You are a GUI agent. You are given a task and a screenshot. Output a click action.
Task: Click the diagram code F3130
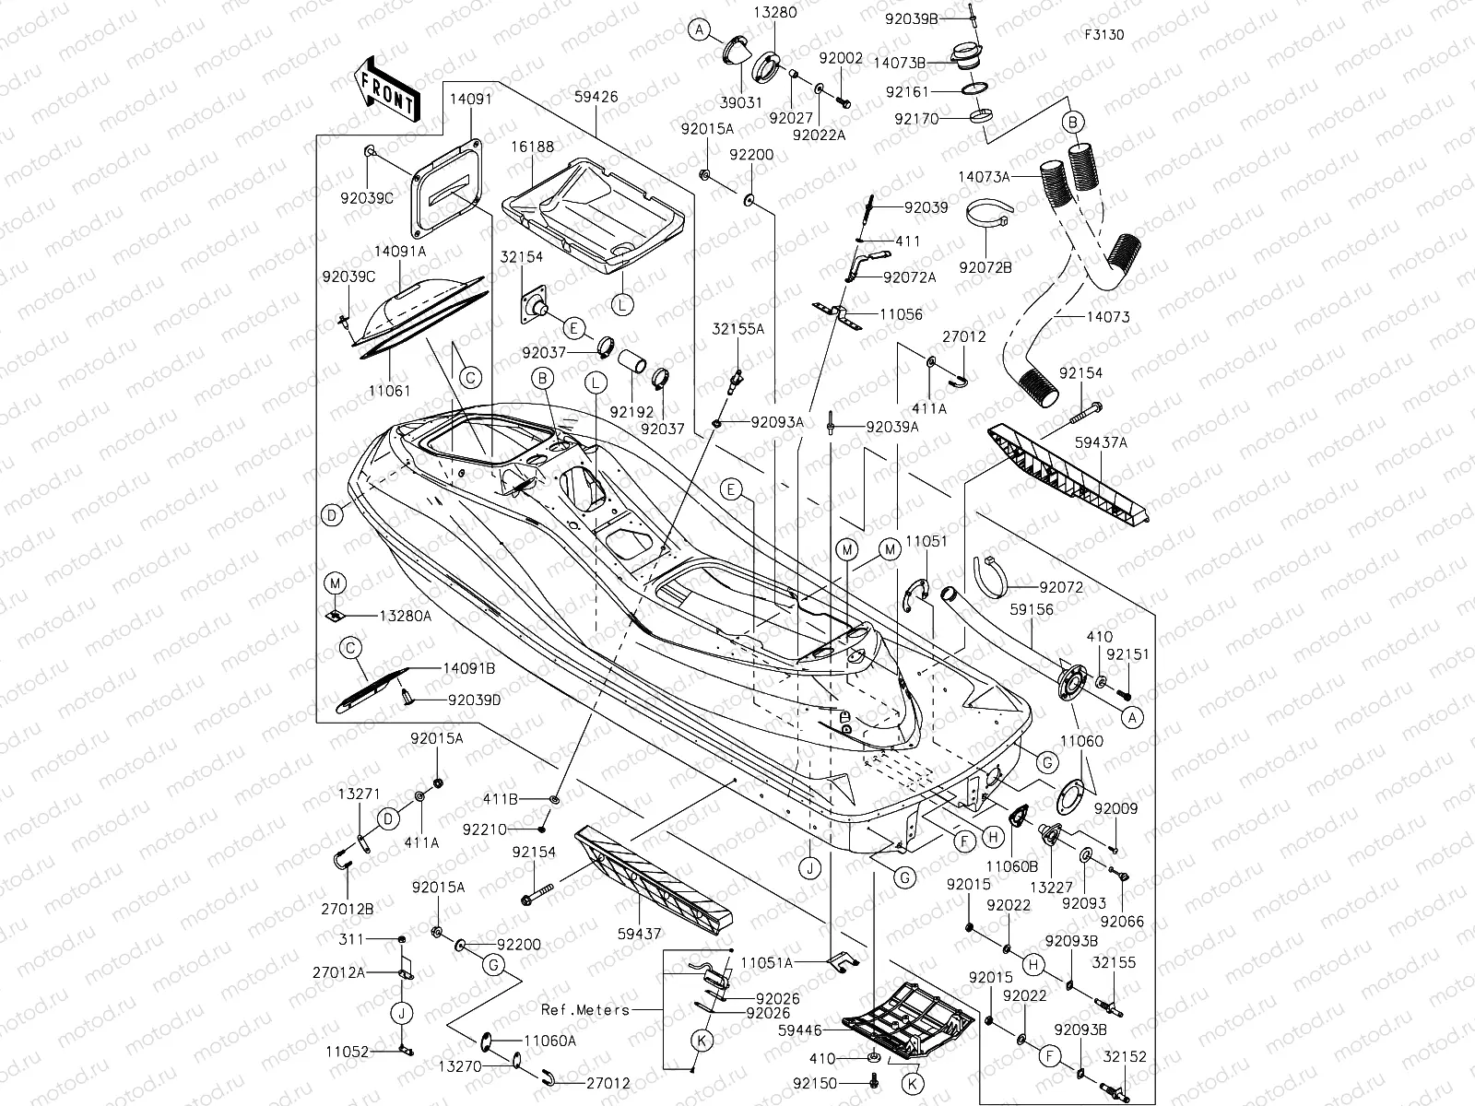[1103, 36]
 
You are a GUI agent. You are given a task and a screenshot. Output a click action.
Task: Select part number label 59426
[596, 96]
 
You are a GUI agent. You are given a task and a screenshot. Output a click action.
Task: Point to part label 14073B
[901, 62]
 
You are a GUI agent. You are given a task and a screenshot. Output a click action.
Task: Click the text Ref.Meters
[584, 1009]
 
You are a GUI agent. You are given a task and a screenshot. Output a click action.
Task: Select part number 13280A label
[404, 616]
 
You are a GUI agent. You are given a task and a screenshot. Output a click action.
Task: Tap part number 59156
[1032, 609]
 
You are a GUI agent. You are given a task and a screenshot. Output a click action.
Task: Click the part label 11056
[901, 314]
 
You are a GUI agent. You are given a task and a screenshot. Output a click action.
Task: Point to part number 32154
[522, 257]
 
